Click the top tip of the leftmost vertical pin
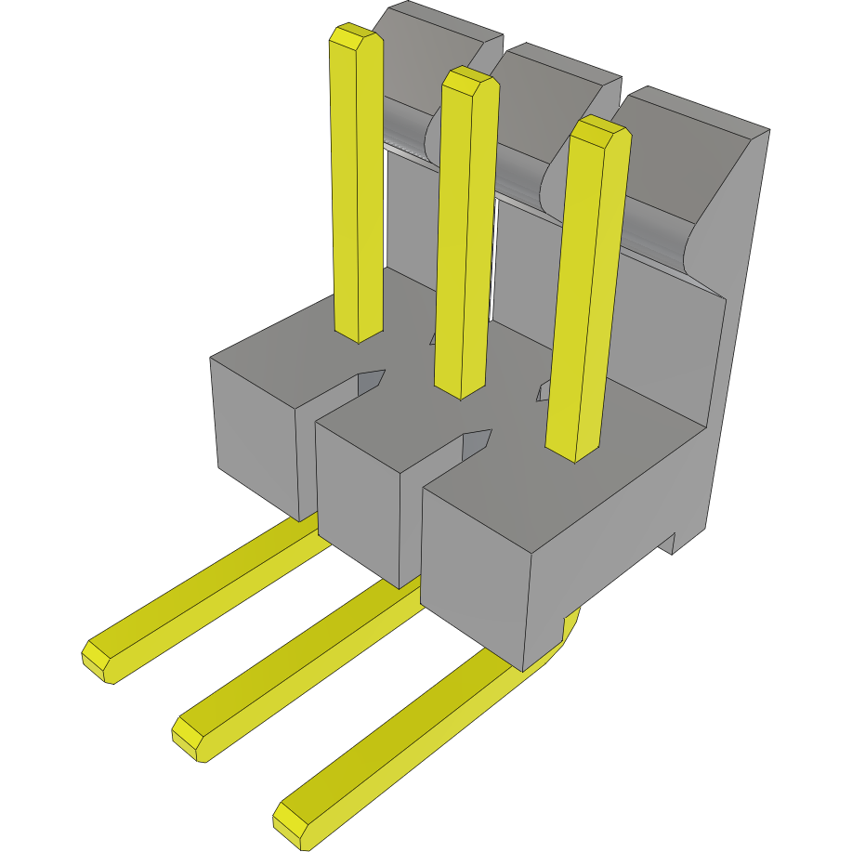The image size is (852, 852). pyautogui.click(x=355, y=36)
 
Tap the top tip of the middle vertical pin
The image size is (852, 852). pyautogui.click(x=470, y=81)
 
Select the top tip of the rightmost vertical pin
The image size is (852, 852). pyautogui.click(x=600, y=131)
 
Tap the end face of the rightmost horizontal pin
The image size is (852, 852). pyautogui.click(x=291, y=823)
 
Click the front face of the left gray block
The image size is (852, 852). pyautogui.click(x=256, y=437)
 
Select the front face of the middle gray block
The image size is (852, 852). pyautogui.click(x=358, y=502)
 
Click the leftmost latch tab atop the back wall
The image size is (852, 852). pyautogui.click(x=437, y=37)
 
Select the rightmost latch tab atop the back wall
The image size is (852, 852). pyautogui.click(x=697, y=158)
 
